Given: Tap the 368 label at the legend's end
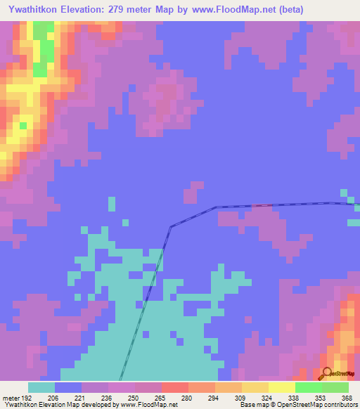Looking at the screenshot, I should click(346, 397).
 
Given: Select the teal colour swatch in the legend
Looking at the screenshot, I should click(41, 387).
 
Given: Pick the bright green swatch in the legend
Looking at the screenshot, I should click(309, 387).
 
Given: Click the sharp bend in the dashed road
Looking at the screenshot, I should click(170, 226).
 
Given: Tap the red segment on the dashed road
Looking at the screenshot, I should click(262, 205).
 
